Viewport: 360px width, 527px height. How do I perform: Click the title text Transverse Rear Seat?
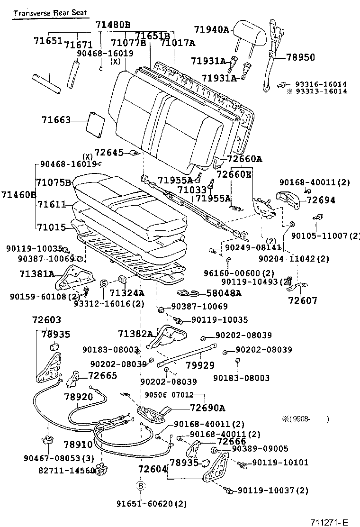50,13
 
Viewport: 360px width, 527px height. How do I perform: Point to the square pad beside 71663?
95,122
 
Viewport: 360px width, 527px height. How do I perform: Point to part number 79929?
200,365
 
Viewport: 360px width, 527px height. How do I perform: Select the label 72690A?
207,408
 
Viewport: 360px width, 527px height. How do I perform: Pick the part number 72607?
303,300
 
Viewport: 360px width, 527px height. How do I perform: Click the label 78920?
79,397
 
